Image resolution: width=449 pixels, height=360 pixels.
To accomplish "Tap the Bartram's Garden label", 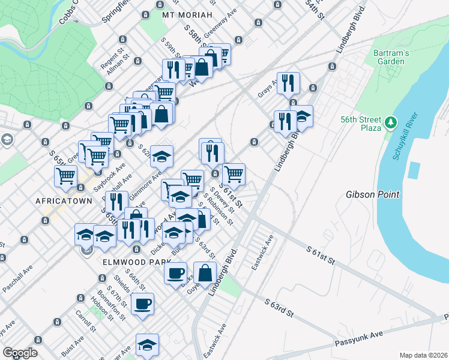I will point(391,57).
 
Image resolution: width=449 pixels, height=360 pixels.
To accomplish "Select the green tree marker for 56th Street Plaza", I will point(391,123).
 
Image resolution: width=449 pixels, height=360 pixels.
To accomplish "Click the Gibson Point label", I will point(371,195).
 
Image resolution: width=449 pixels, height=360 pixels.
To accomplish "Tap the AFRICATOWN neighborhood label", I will point(63,200).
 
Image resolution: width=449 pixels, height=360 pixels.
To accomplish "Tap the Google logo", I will point(20,353).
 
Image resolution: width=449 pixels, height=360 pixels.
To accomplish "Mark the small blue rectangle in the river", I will point(413,170).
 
